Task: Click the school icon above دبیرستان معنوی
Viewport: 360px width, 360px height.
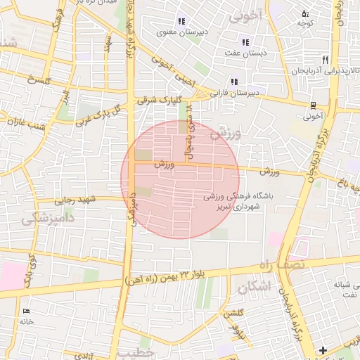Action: [x=181, y=21]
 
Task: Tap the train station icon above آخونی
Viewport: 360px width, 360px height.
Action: [x=313, y=105]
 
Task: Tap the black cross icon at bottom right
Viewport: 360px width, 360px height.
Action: [x=323, y=349]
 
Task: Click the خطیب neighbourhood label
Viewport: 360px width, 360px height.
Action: [x=135, y=351]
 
